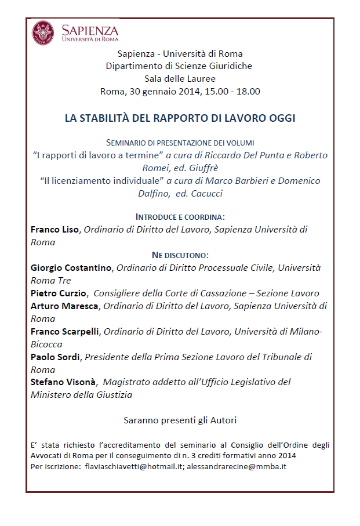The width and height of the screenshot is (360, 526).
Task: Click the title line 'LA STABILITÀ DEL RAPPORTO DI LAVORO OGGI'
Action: click(x=180, y=118)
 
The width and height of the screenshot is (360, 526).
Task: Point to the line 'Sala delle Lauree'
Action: click(x=180, y=78)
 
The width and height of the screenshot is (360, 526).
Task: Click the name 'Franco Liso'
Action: click(x=55, y=230)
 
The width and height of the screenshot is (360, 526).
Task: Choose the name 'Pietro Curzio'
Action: click(x=59, y=293)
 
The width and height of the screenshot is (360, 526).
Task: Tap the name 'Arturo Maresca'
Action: click(x=64, y=306)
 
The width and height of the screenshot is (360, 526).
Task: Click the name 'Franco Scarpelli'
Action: click(x=66, y=331)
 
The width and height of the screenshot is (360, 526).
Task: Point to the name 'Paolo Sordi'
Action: click(x=55, y=357)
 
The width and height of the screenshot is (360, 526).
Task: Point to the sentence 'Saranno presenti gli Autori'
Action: click(x=180, y=419)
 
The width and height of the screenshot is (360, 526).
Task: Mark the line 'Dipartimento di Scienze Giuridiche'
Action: click(x=180, y=66)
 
